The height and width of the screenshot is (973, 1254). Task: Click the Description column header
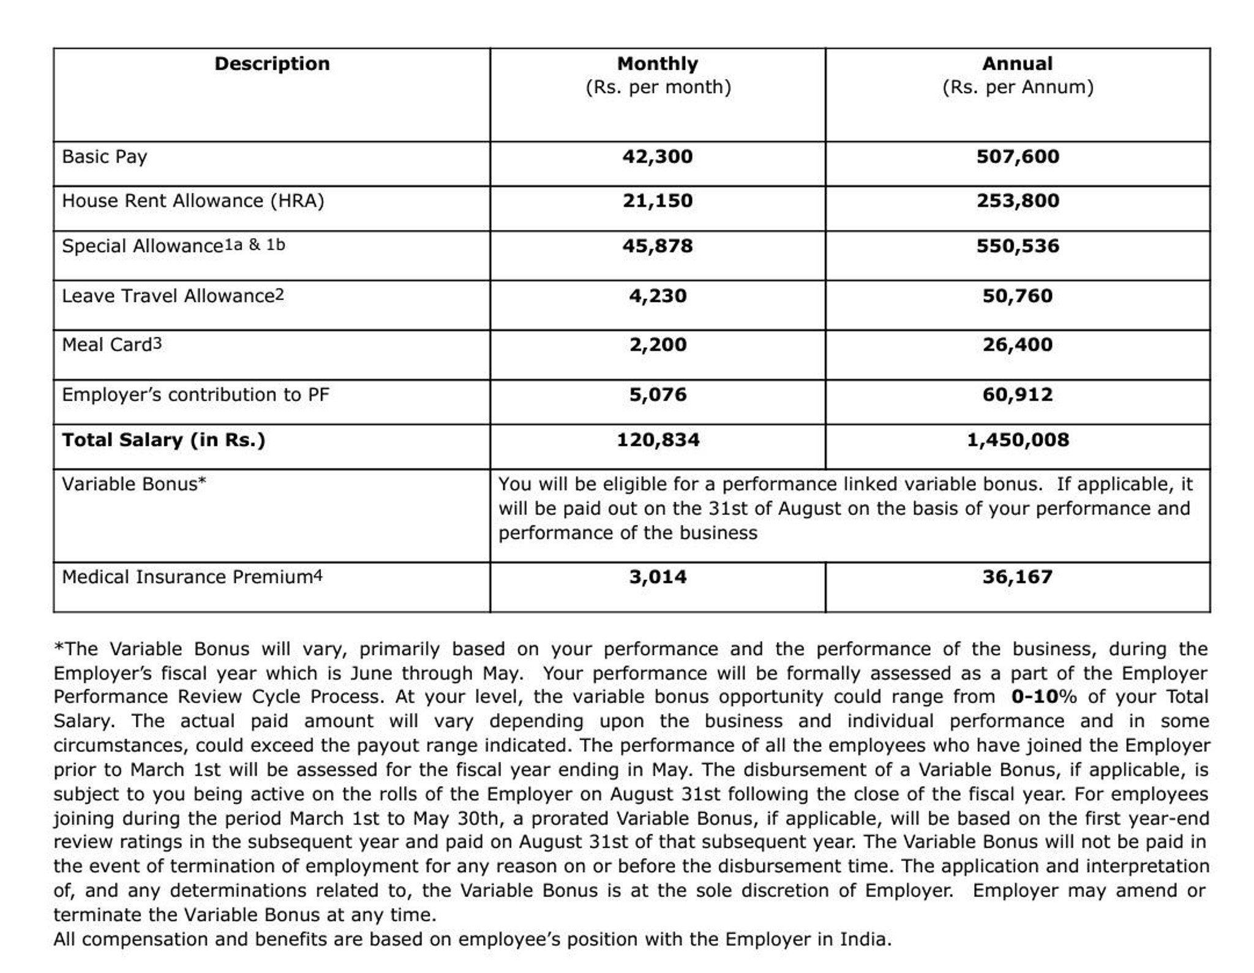click(x=272, y=64)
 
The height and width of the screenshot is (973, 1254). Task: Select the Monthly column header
click(x=658, y=64)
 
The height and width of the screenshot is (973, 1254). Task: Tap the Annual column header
click(x=1017, y=64)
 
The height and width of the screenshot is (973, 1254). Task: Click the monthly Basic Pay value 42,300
click(x=658, y=157)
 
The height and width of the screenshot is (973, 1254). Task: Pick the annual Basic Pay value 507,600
click(x=1017, y=157)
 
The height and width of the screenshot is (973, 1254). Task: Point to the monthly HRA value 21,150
click(x=658, y=201)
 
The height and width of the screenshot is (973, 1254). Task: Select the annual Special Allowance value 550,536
click(x=1017, y=246)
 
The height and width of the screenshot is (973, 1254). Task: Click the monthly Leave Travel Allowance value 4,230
click(x=658, y=296)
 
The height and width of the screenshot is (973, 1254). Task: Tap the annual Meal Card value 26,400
click(x=1017, y=345)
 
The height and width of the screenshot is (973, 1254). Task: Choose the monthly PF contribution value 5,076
click(x=658, y=395)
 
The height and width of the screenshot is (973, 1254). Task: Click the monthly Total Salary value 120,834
click(x=658, y=440)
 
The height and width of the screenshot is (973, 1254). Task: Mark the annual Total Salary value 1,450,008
click(x=1017, y=440)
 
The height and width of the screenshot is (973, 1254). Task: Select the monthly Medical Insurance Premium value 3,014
click(x=658, y=577)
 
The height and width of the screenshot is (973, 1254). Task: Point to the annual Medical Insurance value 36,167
click(x=1017, y=577)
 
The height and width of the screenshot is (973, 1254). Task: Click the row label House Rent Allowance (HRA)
click(x=193, y=201)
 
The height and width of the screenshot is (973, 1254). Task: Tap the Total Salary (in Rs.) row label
click(x=163, y=440)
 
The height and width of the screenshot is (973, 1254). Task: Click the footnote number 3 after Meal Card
click(x=158, y=344)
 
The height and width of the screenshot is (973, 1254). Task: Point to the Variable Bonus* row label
click(x=134, y=484)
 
